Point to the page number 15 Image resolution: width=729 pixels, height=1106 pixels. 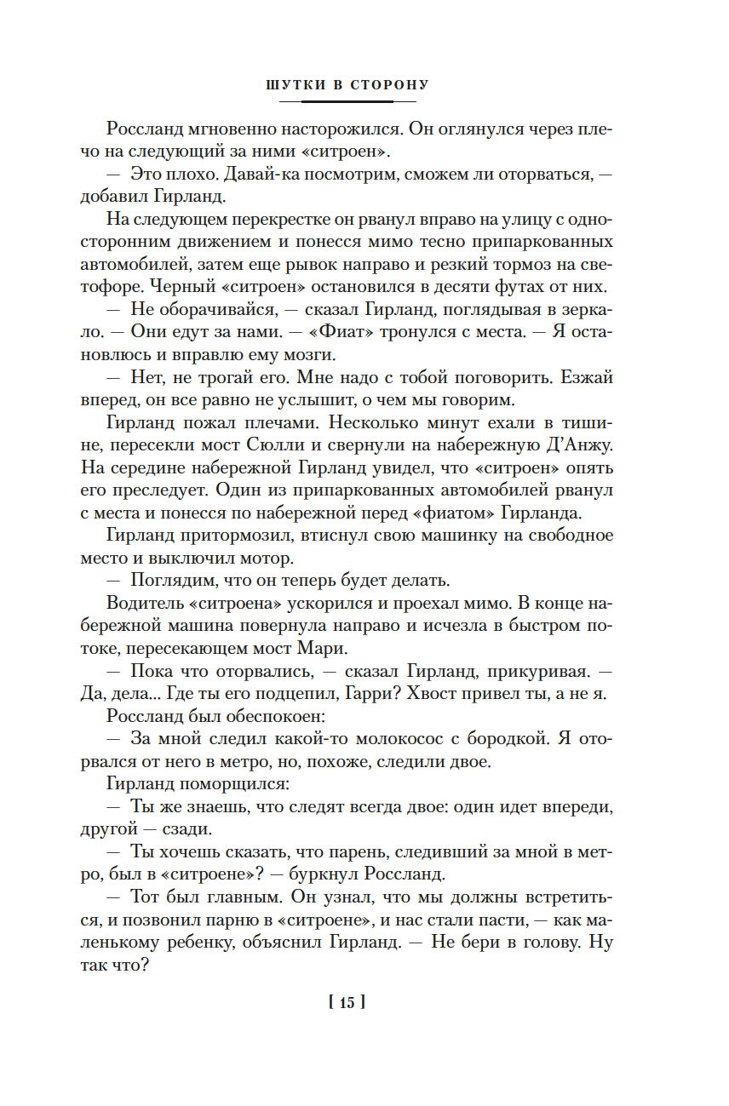347,1002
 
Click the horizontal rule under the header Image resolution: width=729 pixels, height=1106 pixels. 347,101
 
